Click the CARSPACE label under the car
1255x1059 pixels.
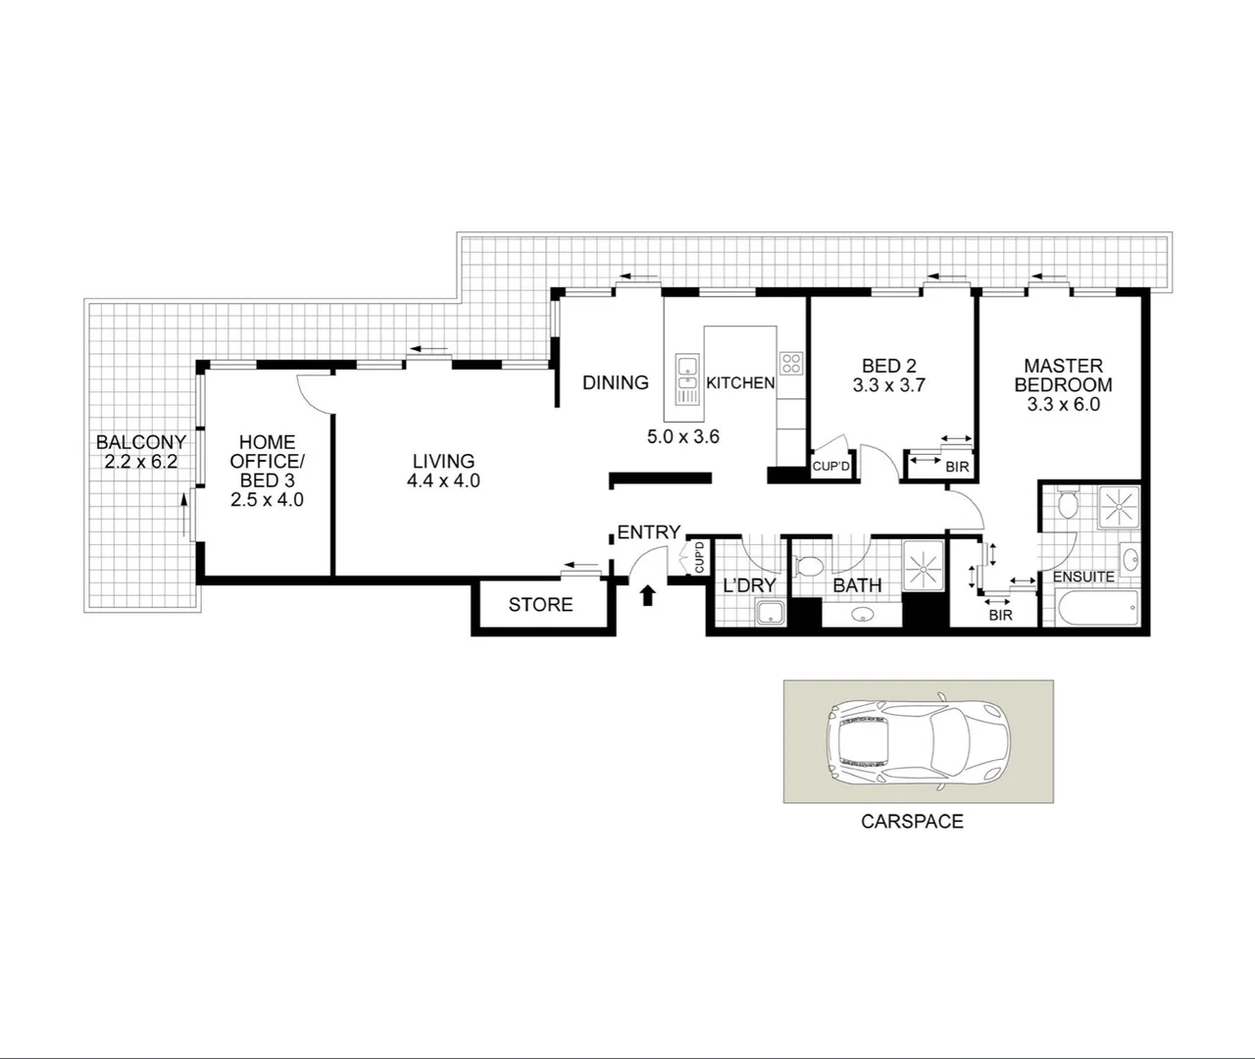[912, 822]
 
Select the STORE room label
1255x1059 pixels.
[540, 605]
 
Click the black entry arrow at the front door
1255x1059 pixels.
[647, 594]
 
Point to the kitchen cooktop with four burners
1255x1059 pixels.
[791, 363]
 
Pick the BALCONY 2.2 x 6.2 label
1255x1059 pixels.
[140, 452]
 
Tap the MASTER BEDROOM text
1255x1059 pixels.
[1063, 376]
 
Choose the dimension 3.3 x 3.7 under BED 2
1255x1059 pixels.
[889, 385]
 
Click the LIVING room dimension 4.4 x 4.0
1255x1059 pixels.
[443, 480]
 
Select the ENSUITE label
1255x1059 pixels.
[1083, 577]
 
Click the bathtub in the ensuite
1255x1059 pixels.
[1095, 608]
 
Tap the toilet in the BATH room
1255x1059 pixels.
[810, 568]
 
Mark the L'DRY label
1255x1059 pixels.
[749, 585]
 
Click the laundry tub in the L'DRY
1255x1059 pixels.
[770, 615]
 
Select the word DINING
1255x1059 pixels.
[616, 382]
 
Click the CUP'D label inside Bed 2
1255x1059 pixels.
[831, 467]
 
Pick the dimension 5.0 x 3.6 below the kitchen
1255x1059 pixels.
[683, 436]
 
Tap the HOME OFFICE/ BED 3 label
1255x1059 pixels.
[267, 462]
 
